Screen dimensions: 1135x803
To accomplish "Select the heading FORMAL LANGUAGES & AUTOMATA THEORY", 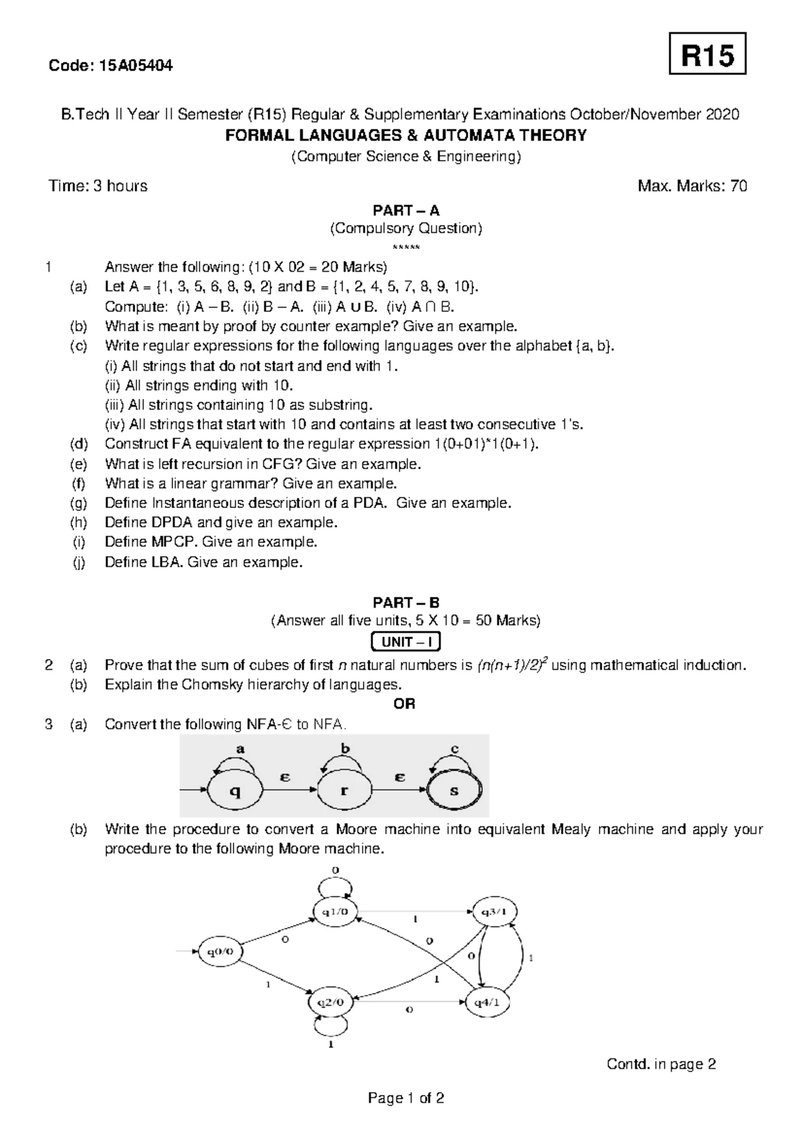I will pos(406,136).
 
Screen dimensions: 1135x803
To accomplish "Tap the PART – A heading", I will pos(406,211).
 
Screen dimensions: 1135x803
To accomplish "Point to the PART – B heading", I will pos(406,602).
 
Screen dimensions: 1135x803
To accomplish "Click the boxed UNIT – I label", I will pos(406,642).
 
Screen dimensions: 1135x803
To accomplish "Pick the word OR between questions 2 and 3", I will pos(405,704).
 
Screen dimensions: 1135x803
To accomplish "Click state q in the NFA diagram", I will pos(235,791).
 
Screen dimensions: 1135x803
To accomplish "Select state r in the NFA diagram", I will pos(344,791).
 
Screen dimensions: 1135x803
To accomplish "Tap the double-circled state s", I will pos(454,791).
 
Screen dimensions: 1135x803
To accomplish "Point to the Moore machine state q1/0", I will pos(337,911).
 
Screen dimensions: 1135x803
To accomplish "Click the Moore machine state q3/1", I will pos(495,911).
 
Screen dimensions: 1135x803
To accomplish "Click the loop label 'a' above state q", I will pos(240,749).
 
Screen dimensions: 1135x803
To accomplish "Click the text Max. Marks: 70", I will pos(693,186).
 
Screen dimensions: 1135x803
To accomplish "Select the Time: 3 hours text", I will pos(98,186).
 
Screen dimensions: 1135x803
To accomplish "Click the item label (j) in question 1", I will pos(80,562).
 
